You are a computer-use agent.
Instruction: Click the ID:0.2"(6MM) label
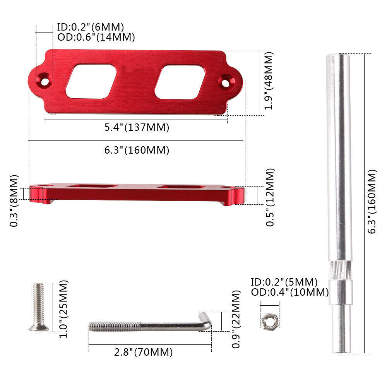click(90, 27)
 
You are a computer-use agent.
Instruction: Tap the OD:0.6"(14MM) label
click(96, 37)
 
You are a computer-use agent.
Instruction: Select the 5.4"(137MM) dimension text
click(137, 127)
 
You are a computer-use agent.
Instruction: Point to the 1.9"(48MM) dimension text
click(269, 81)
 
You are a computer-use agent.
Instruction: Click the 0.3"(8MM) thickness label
click(14, 200)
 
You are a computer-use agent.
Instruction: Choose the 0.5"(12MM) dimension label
click(270, 197)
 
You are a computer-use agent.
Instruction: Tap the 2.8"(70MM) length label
click(143, 352)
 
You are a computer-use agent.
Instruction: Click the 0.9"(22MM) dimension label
click(236, 319)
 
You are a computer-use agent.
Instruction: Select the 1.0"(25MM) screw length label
click(63, 309)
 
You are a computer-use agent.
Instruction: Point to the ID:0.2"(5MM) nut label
click(284, 282)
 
